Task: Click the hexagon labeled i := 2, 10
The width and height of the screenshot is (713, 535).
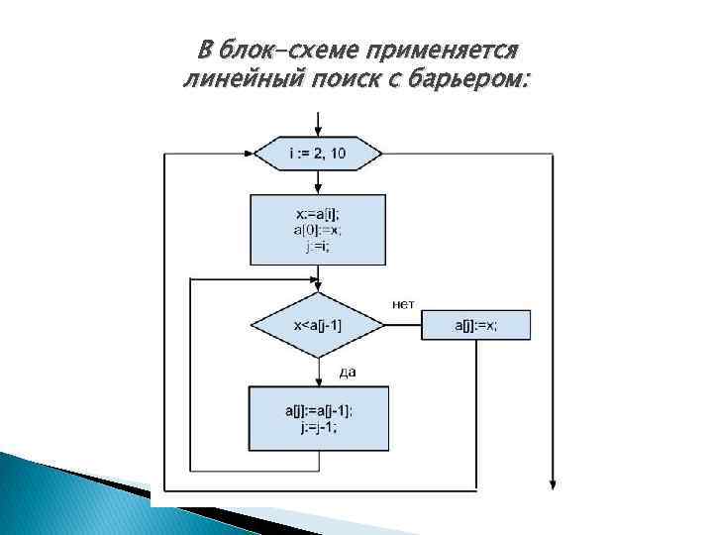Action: click(318, 154)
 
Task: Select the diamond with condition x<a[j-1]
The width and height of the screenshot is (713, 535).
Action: click(318, 323)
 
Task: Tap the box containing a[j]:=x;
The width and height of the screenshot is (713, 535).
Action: click(476, 324)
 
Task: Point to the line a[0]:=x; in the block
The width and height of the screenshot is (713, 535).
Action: click(318, 230)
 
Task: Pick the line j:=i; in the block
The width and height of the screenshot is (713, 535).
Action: click(318, 246)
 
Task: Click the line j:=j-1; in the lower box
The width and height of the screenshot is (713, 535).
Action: click(318, 428)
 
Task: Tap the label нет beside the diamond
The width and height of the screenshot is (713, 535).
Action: click(403, 303)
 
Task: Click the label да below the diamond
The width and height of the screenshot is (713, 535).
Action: click(348, 372)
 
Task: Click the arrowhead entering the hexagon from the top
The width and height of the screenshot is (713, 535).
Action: click(318, 132)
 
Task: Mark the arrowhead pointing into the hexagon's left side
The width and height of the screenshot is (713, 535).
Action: click(248, 154)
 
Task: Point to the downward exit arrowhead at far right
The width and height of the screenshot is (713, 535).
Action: click(553, 482)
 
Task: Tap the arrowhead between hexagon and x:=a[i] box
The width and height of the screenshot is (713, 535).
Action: click(318, 188)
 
